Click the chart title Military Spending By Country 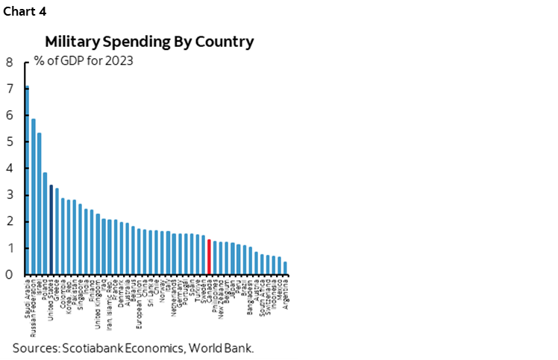coord(149,42)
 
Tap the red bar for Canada coord(209,256)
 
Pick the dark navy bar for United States coord(51,230)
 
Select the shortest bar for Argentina coord(286,268)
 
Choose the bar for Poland coord(46,224)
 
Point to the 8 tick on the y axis coord(9,63)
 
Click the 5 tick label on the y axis coord(9,142)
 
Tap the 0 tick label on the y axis coord(9,275)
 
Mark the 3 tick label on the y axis coord(9,195)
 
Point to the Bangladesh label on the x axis coord(251,298)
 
